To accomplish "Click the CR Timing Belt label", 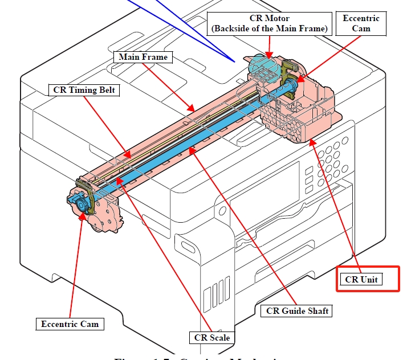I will pos(83,90).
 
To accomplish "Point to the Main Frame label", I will pos(143,57).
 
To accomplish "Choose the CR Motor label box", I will pos(268,24).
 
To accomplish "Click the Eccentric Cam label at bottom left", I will pos(70,324).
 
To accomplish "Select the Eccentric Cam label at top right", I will pos(361,23).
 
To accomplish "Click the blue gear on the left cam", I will pos(80,202).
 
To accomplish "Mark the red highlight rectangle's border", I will pos(337,279).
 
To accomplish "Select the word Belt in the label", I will pos(107,90).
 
